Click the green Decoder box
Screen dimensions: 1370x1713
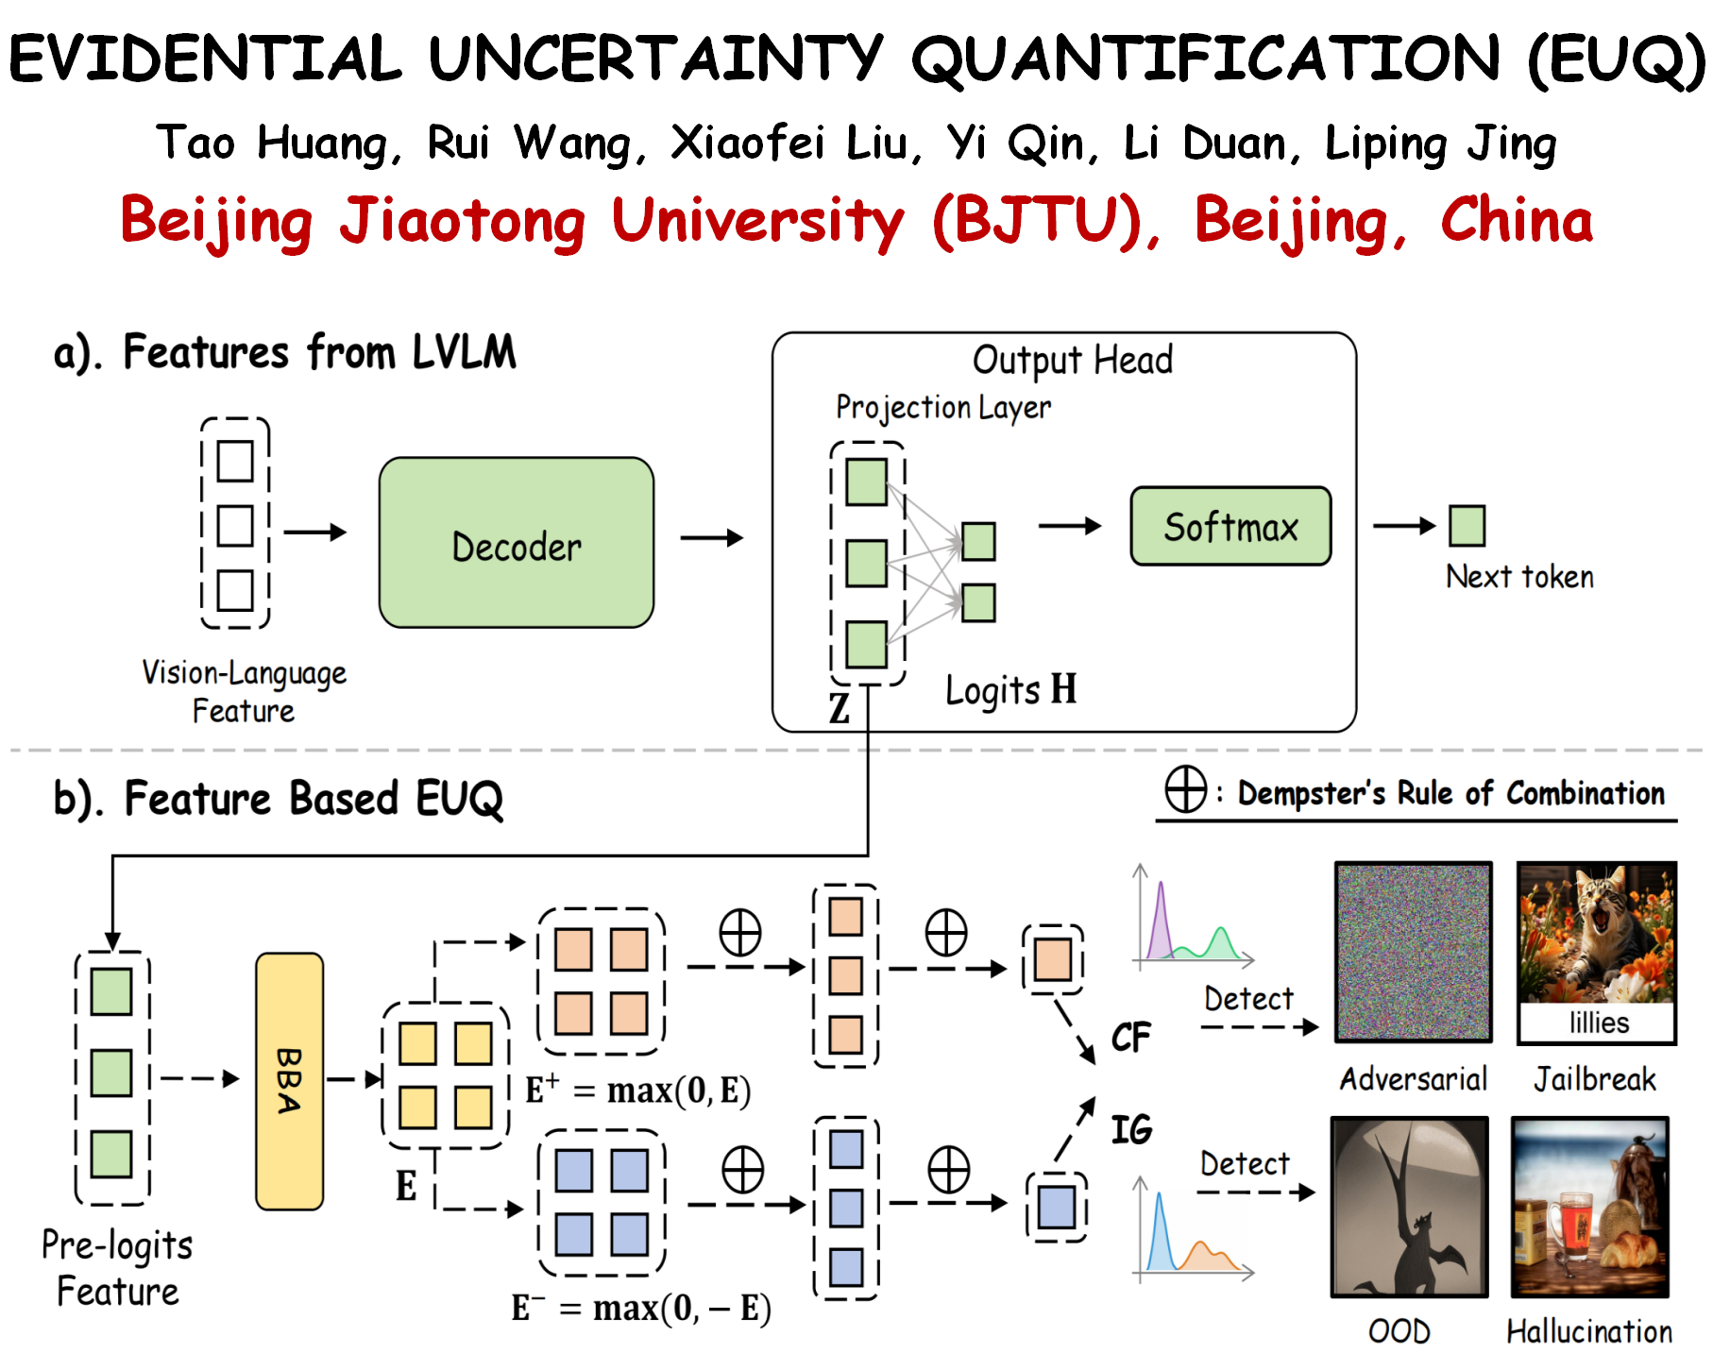(516, 543)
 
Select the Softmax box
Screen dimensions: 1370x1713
(1230, 527)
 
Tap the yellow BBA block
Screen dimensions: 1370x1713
(289, 1081)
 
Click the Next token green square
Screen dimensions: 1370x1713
(1467, 526)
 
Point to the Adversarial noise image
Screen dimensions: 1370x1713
(1413, 952)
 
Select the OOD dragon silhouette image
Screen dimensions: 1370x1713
(1409, 1208)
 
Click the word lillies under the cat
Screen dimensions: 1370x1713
(1598, 1023)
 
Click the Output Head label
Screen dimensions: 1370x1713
(1073, 360)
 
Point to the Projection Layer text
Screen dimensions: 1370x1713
(942, 407)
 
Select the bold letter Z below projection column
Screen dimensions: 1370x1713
(839, 708)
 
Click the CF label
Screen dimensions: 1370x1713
(1130, 1038)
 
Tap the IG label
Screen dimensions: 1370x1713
(1130, 1129)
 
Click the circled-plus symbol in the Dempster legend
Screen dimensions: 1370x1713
(1185, 789)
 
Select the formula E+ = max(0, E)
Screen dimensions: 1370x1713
(637, 1090)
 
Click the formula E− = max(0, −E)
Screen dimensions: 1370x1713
(640, 1308)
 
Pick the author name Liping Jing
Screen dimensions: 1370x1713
(1440, 144)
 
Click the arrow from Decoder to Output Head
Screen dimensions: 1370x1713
(712, 538)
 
